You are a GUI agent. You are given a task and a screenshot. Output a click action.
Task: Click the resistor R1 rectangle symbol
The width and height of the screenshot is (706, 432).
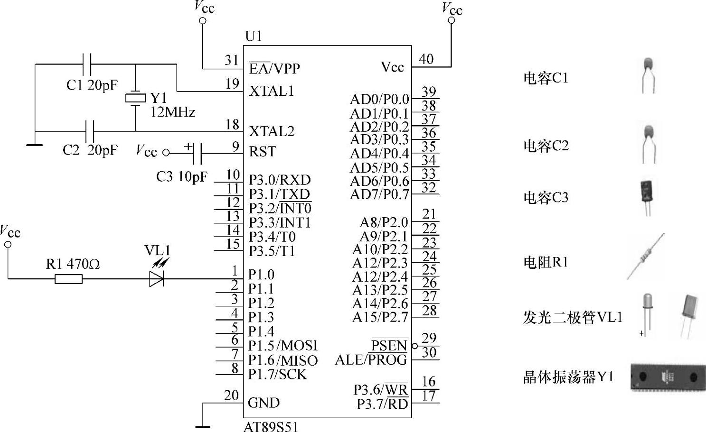coord(68,279)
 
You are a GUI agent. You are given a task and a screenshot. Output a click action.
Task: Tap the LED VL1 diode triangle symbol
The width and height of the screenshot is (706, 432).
coord(156,279)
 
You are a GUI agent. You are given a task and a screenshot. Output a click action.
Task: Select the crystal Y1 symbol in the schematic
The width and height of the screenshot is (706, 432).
coord(136,98)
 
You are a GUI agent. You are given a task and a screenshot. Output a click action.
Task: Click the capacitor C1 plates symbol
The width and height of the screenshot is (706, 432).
coord(87,64)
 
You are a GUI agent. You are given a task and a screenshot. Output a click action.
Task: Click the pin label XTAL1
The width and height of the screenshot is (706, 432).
coord(272,91)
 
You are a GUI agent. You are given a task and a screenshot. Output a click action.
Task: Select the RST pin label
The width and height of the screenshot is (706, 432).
coord(262,152)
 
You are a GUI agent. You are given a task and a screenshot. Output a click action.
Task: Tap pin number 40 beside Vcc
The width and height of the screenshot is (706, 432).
coord(426,59)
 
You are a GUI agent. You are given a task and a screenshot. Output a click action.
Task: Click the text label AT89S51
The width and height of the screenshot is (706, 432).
coord(271,426)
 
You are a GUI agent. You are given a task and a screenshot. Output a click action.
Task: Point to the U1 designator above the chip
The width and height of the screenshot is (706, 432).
coord(254,36)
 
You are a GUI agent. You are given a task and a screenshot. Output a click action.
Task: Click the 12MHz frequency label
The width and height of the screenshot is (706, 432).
coord(172,112)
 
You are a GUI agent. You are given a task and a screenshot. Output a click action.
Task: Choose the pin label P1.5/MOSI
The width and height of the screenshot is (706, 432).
coord(283,346)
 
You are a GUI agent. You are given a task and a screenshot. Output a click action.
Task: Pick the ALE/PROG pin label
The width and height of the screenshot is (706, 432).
coord(371,360)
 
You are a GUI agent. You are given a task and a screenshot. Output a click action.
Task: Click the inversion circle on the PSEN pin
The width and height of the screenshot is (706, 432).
coord(414,346)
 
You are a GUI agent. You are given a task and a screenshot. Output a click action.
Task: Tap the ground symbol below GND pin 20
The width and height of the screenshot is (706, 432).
coord(203,426)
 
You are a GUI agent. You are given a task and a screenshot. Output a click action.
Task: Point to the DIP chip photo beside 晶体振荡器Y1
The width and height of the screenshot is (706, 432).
coord(668,377)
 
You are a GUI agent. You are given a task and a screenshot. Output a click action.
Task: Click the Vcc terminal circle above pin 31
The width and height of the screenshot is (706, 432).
coord(203,20)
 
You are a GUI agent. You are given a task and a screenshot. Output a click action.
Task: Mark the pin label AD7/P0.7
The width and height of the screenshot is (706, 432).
coord(379,194)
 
